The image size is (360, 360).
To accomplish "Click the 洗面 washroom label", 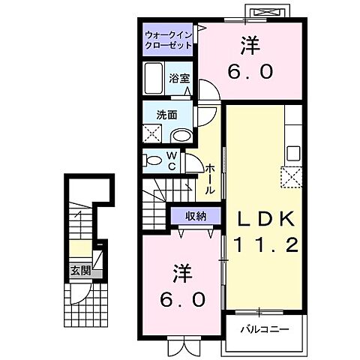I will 166,115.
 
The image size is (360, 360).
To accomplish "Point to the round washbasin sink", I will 181,136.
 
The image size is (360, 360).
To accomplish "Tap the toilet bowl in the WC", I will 153,160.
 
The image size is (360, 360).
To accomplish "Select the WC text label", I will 172,160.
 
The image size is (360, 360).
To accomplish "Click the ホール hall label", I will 211,179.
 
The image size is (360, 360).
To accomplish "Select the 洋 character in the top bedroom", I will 250,46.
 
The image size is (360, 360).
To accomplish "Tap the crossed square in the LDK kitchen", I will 290,176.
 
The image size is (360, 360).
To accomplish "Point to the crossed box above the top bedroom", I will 269,12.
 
